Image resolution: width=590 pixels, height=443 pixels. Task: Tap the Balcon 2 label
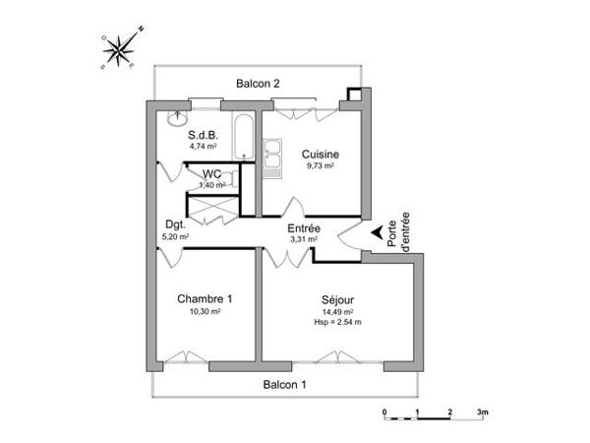(x=259, y=84)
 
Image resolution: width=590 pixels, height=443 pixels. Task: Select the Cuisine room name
(x=321, y=155)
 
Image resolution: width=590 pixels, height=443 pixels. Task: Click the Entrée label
(x=304, y=228)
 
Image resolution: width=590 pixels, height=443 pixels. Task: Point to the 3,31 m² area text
(x=302, y=239)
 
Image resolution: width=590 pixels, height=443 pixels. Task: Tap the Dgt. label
(x=176, y=223)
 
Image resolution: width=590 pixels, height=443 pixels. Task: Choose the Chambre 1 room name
(x=205, y=298)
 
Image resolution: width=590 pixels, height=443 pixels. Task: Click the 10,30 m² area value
(x=205, y=311)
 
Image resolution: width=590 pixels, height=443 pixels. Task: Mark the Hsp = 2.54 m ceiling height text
(x=337, y=322)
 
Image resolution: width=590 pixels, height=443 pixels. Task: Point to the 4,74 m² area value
(x=203, y=146)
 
